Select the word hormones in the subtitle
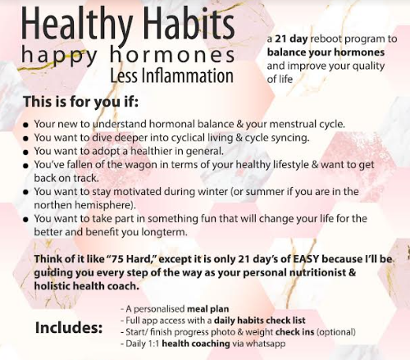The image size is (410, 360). [175, 56]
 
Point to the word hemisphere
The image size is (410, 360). [102, 205]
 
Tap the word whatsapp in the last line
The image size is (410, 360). [265, 343]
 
